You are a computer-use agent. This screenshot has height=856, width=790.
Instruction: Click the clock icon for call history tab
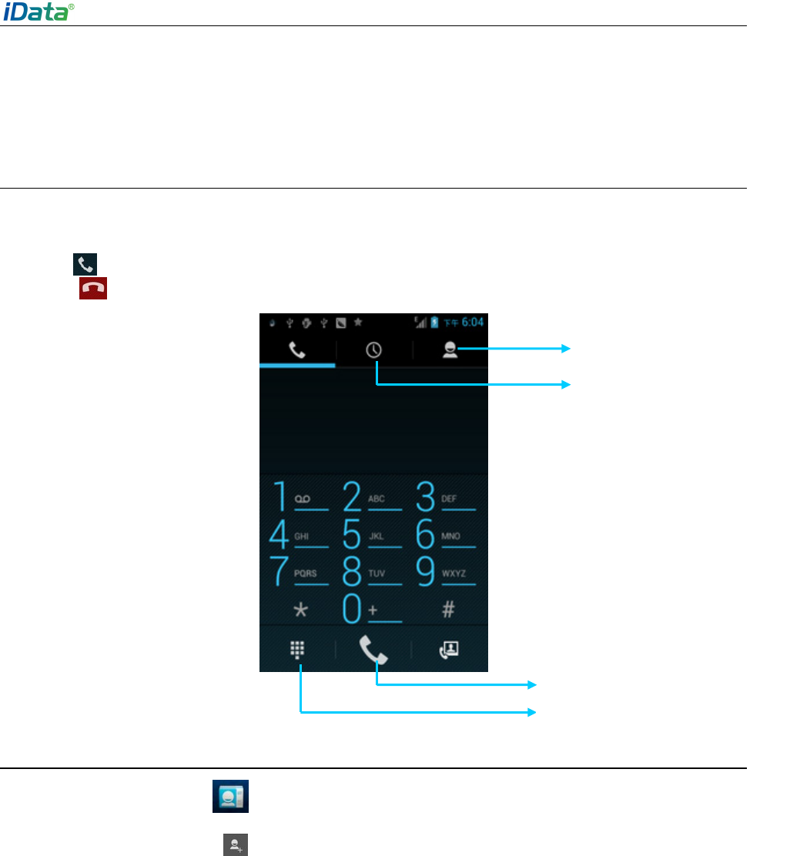pos(374,350)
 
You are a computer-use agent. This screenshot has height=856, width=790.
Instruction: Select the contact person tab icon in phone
pos(450,350)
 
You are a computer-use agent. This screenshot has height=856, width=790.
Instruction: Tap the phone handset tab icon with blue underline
pos(297,350)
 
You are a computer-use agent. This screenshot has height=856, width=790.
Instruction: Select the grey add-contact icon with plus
pos(231,844)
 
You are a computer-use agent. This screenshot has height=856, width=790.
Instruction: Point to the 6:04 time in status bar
pos(471,322)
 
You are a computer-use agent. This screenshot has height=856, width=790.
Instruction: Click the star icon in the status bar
pos(358,322)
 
